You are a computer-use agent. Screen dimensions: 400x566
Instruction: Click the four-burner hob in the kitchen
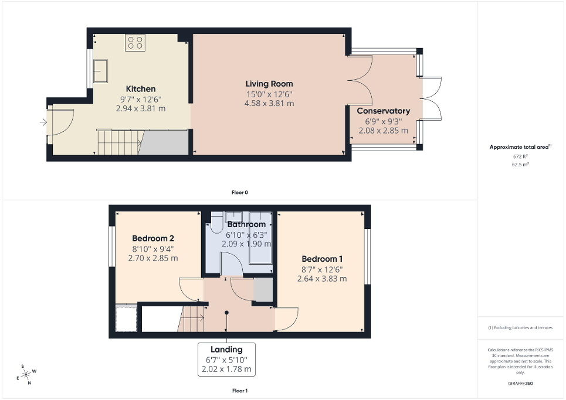pyautogui.click(x=135, y=42)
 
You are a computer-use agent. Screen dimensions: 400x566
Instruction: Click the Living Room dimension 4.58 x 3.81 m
pyautogui.click(x=270, y=103)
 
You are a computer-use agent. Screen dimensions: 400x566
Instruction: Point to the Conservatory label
pyautogui.click(x=383, y=111)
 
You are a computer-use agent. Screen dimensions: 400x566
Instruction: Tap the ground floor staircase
pyautogui.click(x=118, y=142)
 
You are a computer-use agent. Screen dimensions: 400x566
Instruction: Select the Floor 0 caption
pyautogui.click(x=240, y=192)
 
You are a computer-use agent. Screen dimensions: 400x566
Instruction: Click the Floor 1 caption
pyautogui.click(x=240, y=390)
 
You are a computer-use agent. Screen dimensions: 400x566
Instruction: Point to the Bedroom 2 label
pyautogui.click(x=152, y=238)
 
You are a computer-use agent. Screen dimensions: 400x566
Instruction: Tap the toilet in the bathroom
pyautogui.click(x=215, y=223)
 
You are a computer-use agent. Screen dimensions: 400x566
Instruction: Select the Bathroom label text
pyautogui.click(x=246, y=224)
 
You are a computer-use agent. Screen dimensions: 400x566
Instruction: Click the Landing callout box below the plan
pyautogui.click(x=226, y=359)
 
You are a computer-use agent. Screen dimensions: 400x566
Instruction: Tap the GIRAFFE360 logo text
pyautogui.click(x=521, y=384)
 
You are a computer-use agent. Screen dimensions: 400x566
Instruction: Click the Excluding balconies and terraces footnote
pyautogui.click(x=521, y=327)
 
